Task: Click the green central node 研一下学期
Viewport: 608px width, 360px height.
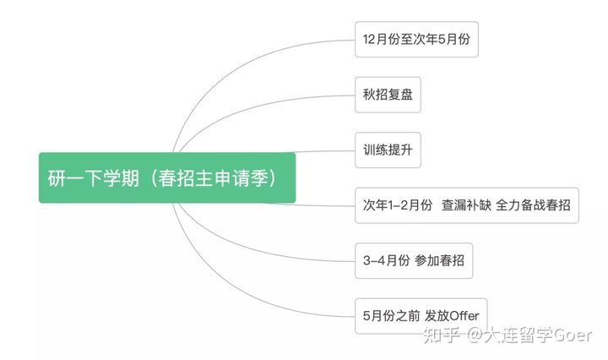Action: (x=167, y=177)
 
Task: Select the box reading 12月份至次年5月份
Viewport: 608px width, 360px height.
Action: (x=416, y=39)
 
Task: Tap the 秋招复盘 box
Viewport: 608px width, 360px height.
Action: (x=388, y=95)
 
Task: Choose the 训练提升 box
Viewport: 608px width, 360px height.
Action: (x=388, y=150)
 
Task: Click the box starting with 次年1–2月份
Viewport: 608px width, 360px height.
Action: (x=467, y=205)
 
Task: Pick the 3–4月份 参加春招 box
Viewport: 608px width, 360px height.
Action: (x=414, y=260)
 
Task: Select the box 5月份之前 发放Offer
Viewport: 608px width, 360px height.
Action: (x=421, y=316)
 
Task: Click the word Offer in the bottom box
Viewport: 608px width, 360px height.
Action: (x=464, y=316)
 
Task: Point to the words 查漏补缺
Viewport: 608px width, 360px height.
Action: (x=466, y=205)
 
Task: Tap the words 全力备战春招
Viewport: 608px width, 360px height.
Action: (x=533, y=205)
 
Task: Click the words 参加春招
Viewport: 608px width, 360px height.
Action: (x=439, y=260)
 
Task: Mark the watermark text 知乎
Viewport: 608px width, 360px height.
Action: (x=442, y=335)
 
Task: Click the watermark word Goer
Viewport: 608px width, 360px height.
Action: (x=573, y=335)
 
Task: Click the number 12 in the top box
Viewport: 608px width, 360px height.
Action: (x=368, y=39)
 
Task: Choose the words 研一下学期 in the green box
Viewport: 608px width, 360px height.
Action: (x=94, y=178)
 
